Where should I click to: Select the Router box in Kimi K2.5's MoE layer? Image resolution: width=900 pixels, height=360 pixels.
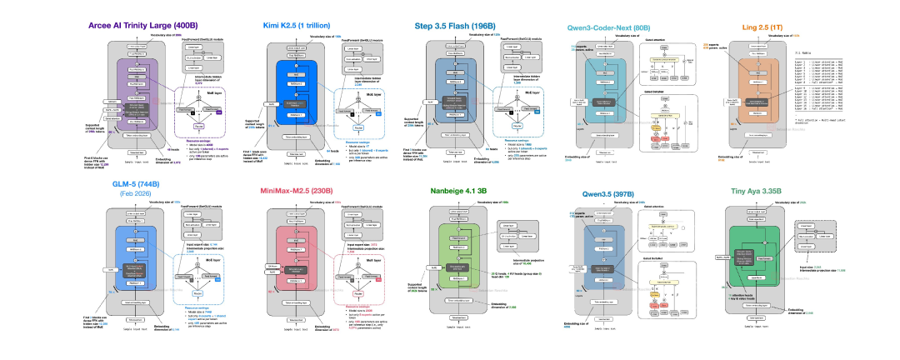tap(358, 127)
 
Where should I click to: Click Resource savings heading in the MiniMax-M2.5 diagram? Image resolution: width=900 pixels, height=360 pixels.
tap(347, 306)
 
